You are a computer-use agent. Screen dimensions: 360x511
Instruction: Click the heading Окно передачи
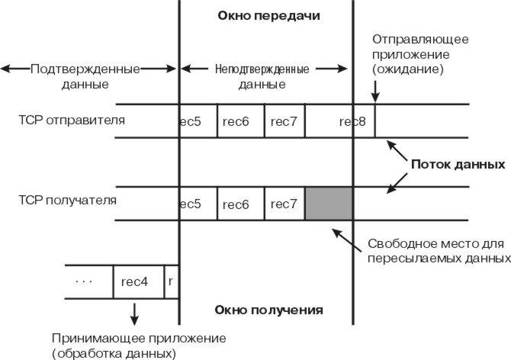269,15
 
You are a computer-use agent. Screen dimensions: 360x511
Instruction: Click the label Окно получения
269,310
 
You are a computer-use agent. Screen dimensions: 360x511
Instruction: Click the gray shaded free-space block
329,204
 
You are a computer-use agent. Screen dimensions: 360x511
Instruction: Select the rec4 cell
138,281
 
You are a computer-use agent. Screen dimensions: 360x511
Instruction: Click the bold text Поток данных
458,164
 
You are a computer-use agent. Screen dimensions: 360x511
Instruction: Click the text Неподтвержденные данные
262,76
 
